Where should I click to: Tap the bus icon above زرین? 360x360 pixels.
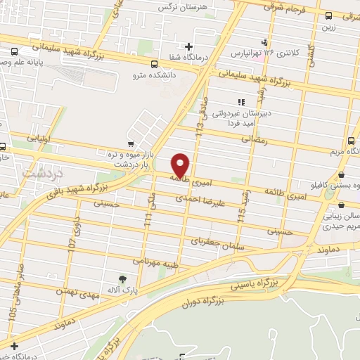click(329, 16)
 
